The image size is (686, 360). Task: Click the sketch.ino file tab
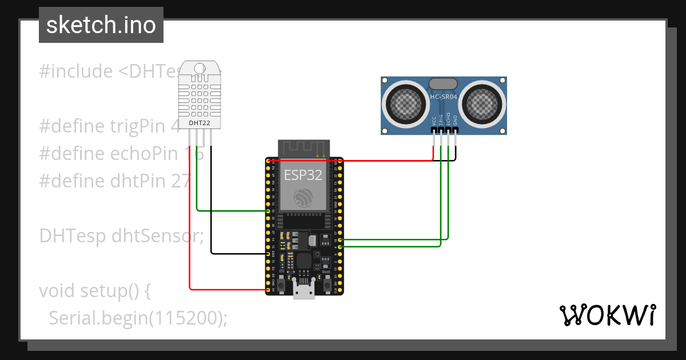coord(101,25)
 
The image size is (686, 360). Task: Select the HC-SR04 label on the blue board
coord(444,98)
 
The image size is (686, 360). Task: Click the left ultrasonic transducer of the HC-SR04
coord(405,103)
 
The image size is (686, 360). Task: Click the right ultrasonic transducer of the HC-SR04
coord(482,103)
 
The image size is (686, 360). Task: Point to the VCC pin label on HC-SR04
coord(434,121)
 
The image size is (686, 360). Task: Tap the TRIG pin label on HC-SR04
coord(441,119)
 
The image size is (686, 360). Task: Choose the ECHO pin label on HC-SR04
coord(449,119)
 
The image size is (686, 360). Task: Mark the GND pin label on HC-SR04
coord(456,121)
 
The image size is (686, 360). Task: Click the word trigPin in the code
coord(143,126)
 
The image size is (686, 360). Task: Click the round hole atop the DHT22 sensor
coord(200,69)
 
